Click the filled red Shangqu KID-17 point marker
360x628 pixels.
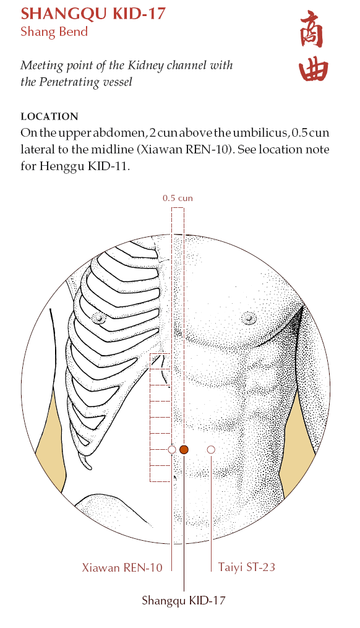point(184,449)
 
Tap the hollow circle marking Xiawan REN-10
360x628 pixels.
point(172,449)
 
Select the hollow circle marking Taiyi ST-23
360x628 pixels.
point(211,449)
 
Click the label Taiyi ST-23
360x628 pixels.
point(247,567)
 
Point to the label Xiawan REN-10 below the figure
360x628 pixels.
point(122,567)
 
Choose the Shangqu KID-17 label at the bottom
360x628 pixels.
point(184,600)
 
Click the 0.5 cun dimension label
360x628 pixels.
point(178,198)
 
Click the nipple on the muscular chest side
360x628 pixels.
point(249,318)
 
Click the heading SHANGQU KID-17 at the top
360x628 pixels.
point(93,14)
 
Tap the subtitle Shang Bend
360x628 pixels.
point(54,31)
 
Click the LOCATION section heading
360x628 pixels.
point(49,116)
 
